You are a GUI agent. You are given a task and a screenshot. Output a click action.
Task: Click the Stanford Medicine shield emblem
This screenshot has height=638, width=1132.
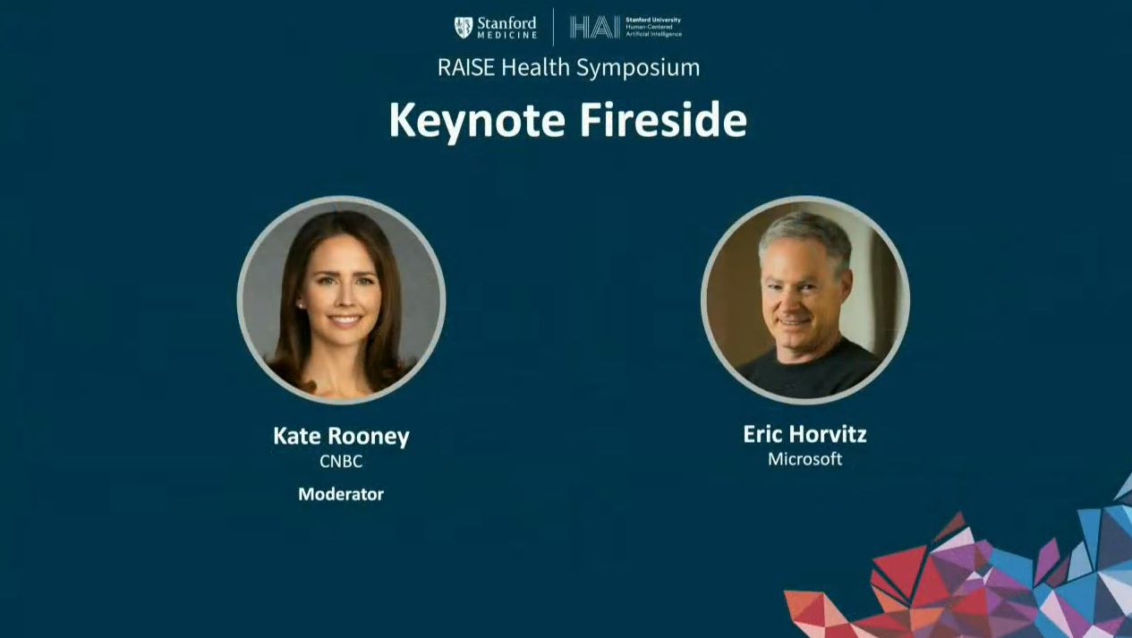(x=463, y=27)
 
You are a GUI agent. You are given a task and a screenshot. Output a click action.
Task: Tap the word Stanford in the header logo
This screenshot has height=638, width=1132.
(x=506, y=23)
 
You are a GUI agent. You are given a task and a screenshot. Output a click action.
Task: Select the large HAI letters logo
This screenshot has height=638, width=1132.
(x=595, y=27)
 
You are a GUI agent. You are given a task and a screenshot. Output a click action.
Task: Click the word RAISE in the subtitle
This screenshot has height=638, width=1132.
(x=466, y=67)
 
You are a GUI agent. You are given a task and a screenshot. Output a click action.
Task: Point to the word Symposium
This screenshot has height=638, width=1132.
(x=638, y=68)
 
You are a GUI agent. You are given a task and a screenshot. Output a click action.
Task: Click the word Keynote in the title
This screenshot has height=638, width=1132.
(x=477, y=120)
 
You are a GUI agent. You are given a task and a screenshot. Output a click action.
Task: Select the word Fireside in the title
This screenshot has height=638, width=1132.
(x=663, y=119)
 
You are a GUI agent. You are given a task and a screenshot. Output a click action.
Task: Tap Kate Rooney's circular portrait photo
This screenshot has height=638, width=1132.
(x=342, y=300)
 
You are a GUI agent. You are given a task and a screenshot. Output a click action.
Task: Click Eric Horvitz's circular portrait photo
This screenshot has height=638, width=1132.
(x=805, y=300)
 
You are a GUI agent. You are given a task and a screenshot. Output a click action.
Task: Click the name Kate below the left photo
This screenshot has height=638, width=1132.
(x=296, y=436)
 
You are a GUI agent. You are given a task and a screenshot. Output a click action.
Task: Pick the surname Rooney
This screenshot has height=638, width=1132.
(x=369, y=437)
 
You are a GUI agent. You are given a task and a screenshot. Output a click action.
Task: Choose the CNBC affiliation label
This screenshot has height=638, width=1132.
(x=341, y=461)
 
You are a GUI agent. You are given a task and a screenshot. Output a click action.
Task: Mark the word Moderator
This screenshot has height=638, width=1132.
(x=341, y=494)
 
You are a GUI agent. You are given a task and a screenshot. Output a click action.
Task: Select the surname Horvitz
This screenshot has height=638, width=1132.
(x=828, y=434)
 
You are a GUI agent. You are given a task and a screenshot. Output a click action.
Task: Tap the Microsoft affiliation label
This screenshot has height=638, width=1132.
(x=805, y=459)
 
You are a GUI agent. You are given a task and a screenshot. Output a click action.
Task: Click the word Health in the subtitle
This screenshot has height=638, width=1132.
(x=535, y=67)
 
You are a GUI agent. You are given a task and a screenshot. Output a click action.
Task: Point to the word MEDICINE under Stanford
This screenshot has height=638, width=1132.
(x=506, y=35)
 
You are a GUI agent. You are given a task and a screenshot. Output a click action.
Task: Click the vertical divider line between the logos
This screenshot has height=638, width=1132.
(x=553, y=27)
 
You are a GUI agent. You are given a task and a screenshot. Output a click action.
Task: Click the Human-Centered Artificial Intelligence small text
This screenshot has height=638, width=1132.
(x=653, y=30)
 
